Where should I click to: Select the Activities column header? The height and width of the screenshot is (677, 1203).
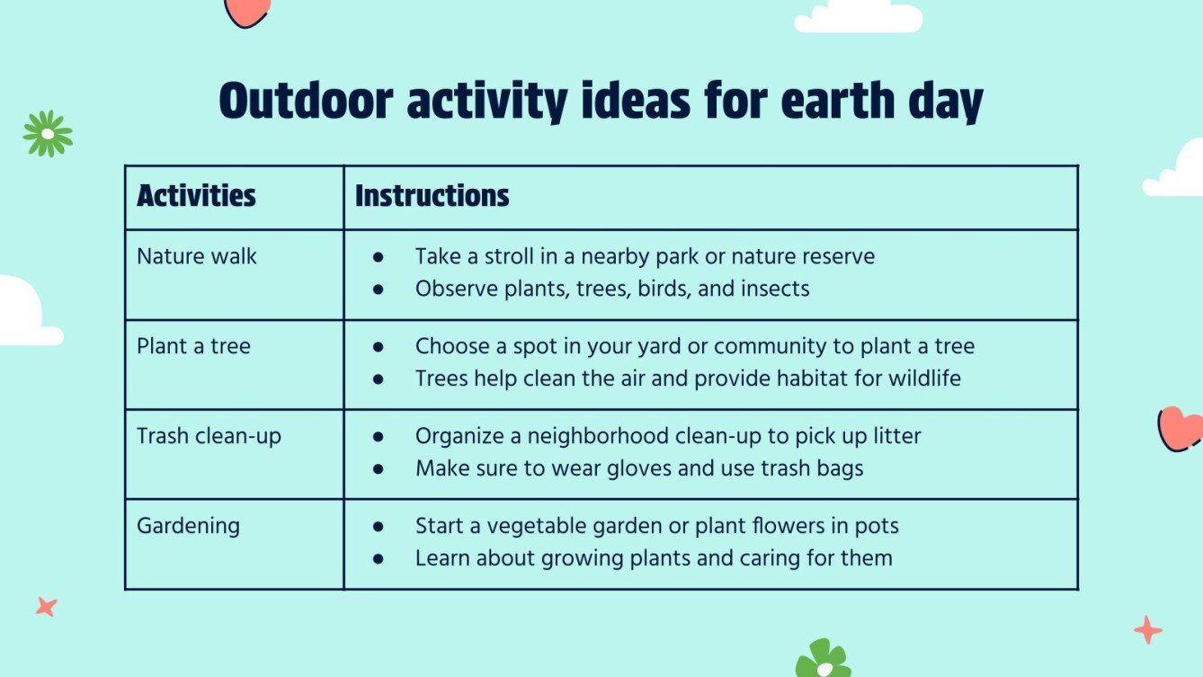pos(196,196)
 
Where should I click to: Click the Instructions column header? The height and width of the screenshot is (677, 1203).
pos(432,196)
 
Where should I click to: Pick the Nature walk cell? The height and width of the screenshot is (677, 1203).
pos(197,256)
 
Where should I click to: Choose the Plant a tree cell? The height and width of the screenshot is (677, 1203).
pos(193,346)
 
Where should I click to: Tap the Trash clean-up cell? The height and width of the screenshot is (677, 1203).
pos(209,436)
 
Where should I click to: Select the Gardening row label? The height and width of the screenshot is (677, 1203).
pos(188,525)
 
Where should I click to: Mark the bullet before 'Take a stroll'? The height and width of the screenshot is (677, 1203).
pos(379,257)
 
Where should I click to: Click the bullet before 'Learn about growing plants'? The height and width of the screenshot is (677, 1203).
pos(379,558)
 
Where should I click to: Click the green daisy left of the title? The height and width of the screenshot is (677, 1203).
pos(48,134)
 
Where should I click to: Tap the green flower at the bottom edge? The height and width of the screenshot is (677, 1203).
pos(822,660)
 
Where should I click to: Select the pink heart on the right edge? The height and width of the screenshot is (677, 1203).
pos(1180,428)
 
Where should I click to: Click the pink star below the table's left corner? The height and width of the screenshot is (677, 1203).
pos(46,607)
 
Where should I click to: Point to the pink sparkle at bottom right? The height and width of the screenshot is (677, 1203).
pos(1147,629)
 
